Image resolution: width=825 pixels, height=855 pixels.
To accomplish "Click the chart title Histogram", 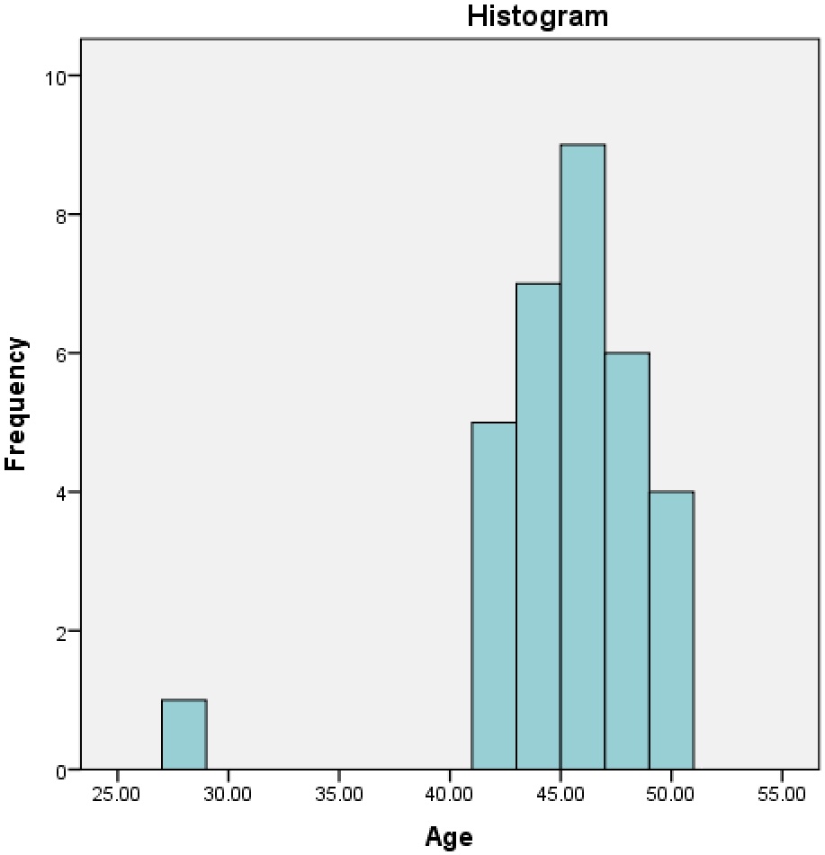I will (x=537, y=15).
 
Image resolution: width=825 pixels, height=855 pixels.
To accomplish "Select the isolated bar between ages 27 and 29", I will (x=184, y=735).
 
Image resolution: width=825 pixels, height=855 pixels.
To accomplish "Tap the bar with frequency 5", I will (x=494, y=596).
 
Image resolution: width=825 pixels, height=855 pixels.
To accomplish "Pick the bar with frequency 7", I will (x=538, y=527).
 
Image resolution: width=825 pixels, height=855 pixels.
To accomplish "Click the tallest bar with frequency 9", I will (x=582, y=457).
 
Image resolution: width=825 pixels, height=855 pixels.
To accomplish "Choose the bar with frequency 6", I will (x=627, y=561).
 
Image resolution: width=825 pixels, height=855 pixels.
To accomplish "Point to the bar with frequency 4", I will (x=671, y=630).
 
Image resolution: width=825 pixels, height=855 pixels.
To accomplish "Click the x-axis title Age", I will (x=448, y=838).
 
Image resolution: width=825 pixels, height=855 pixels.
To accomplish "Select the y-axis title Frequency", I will (x=17, y=404).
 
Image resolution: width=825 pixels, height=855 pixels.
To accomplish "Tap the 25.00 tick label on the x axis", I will (x=118, y=796).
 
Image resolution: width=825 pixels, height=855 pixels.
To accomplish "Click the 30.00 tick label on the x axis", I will (x=229, y=796).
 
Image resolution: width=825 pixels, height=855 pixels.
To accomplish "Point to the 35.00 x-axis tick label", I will (x=339, y=796).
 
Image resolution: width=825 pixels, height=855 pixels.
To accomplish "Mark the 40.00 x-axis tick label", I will (x=450, y=796).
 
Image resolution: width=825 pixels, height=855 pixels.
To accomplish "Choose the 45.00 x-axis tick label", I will (x=560, y=796).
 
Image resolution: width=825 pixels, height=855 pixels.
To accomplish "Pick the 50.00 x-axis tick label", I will (x=671, y=796).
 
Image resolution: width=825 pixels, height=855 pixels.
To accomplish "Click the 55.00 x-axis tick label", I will (x=782, y=796).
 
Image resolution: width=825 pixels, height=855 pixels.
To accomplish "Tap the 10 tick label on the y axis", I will (x=57, y=76).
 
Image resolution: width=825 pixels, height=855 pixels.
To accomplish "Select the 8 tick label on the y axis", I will (x=61, y=215).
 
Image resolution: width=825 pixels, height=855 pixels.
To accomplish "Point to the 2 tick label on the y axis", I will (x=61, y=631).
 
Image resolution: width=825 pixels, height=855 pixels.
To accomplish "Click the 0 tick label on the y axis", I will (x=61, y=770).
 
